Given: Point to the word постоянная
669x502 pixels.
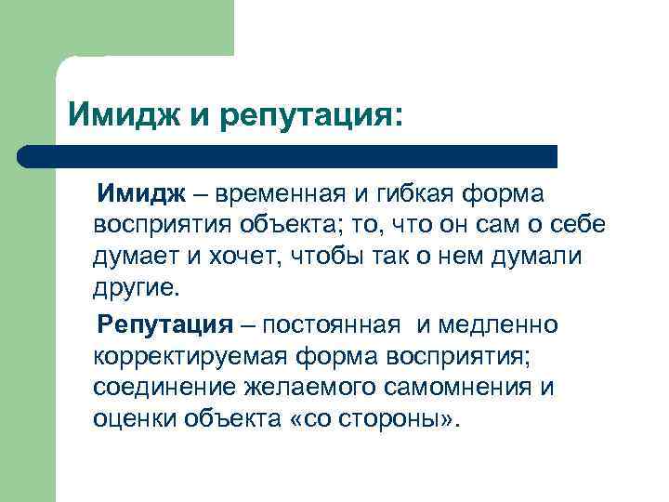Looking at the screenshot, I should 332,324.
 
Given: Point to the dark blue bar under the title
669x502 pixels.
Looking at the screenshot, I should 288,155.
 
